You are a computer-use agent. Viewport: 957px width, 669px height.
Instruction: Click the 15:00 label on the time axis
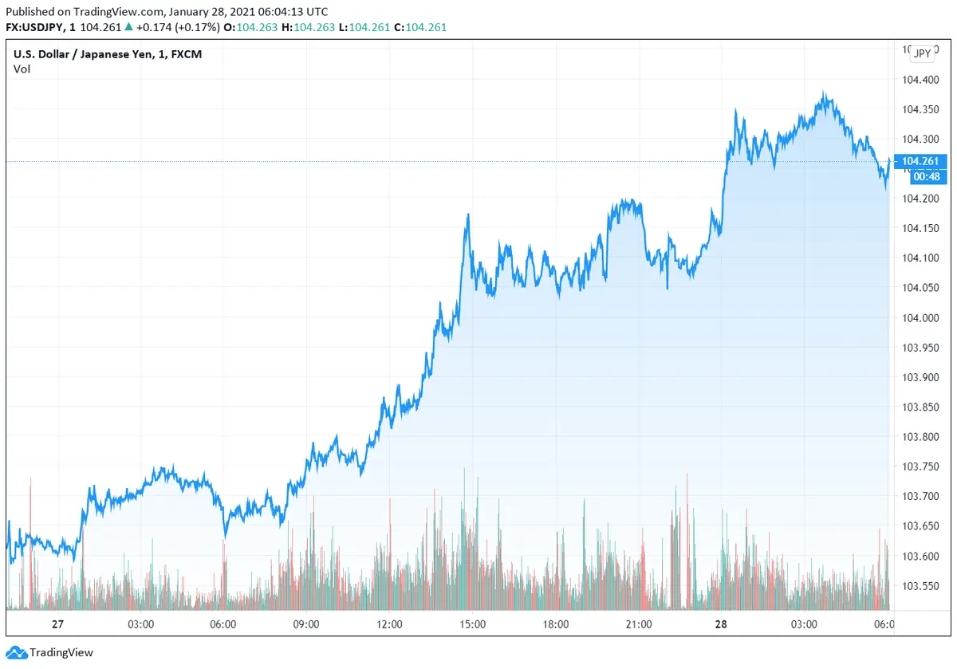point(473,624)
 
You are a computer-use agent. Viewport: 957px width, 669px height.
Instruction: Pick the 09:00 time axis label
point(306,624)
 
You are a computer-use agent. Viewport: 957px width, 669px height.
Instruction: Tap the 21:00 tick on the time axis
point(639,624)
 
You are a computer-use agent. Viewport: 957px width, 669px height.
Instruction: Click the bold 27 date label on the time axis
point(57,624)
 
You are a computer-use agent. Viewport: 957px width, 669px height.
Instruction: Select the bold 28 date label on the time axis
point(721,624)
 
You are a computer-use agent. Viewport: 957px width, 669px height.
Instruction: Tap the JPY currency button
point(922,53)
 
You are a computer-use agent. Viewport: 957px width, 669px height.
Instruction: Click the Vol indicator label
point(22,69)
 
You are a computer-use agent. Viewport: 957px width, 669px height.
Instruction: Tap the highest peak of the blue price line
point(824,93)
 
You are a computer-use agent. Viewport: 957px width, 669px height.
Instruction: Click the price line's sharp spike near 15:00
point(467,214)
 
